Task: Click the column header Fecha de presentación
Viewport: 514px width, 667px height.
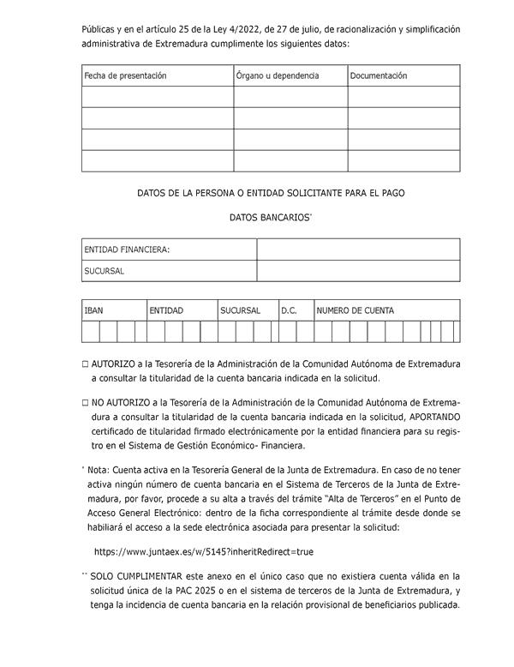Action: pos(125,75)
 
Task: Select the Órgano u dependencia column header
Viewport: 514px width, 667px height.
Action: pos(277,75)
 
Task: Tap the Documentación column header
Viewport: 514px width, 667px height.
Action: pos(378,75)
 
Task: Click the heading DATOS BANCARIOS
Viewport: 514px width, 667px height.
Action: pos(269,218)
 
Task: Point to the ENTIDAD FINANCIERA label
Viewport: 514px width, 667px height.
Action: pos(127,249)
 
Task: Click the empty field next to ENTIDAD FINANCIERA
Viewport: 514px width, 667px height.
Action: pos(358,249)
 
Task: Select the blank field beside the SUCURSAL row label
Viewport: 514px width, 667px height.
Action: pos(358,271)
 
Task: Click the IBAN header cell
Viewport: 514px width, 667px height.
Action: pos(93,310)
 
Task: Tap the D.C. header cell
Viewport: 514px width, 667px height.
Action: pos(289,310)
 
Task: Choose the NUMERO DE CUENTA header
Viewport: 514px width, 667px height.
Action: pos(356,310)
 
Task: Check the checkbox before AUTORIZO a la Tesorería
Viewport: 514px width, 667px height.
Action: pos(86,364)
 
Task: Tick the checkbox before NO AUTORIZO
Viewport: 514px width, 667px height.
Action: pos(86,402)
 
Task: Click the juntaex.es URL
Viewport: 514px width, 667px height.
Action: pos(204,552)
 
